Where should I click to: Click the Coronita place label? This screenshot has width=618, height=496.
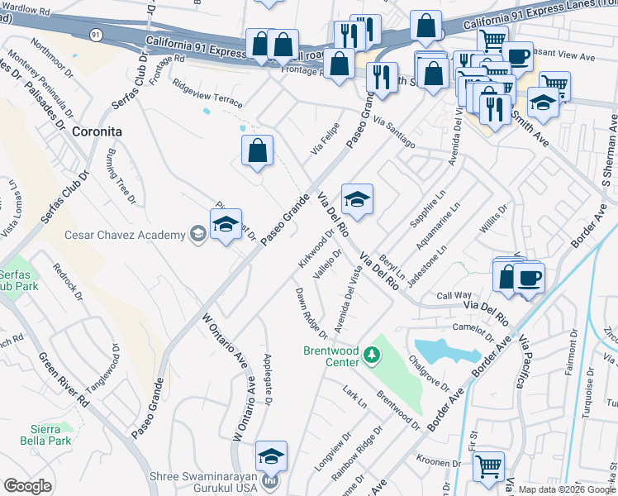point(97,131)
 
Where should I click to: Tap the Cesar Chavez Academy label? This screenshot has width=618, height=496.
point(126,236)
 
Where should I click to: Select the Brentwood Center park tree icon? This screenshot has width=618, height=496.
point(373,355)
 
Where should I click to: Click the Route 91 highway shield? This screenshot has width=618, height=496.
point(97,34)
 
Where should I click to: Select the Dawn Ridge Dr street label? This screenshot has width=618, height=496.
point(311,312)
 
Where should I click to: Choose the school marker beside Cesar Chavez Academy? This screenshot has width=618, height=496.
point(225,224)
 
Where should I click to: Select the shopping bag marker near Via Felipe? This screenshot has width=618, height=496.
point(257,150)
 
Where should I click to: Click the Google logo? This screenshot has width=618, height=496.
point(28,486)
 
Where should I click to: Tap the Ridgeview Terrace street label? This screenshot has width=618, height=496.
point(207,93)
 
